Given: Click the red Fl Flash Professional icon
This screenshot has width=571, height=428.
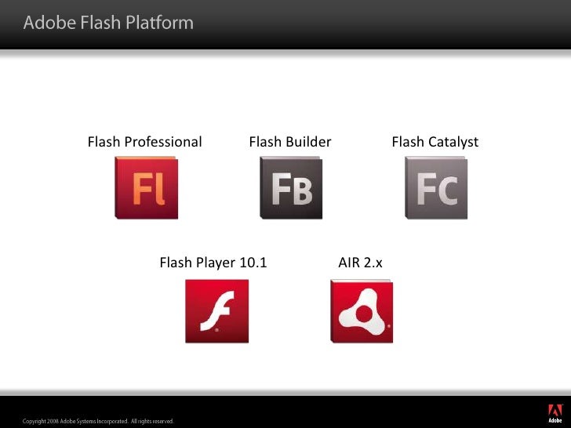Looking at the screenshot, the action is pyautogui.click(x=147, y=188).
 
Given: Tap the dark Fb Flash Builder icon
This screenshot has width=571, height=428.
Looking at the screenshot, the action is pyautogui.click(x=291, y=188).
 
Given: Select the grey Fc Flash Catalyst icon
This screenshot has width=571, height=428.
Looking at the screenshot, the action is pyautogui.click(x=436, y=188).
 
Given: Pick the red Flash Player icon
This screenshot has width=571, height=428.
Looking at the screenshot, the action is pyautogui.click(x=216, y=311).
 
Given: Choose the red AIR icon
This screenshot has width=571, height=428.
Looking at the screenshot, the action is pyautogui.click(x=362, y=311).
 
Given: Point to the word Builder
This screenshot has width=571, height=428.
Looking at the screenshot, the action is pyautogui.click(x=308, y=142).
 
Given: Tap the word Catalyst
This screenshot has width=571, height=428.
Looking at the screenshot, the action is pyautogui.click(x=453, y=142).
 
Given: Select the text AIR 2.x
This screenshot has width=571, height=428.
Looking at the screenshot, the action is pyautogui.click(x=360, y=263).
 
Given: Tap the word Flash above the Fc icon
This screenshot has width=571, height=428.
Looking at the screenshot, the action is pyautogui.click(x=407, y=142).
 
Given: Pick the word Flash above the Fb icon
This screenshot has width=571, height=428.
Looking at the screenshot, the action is pyautogui.click(x=264, y=142).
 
